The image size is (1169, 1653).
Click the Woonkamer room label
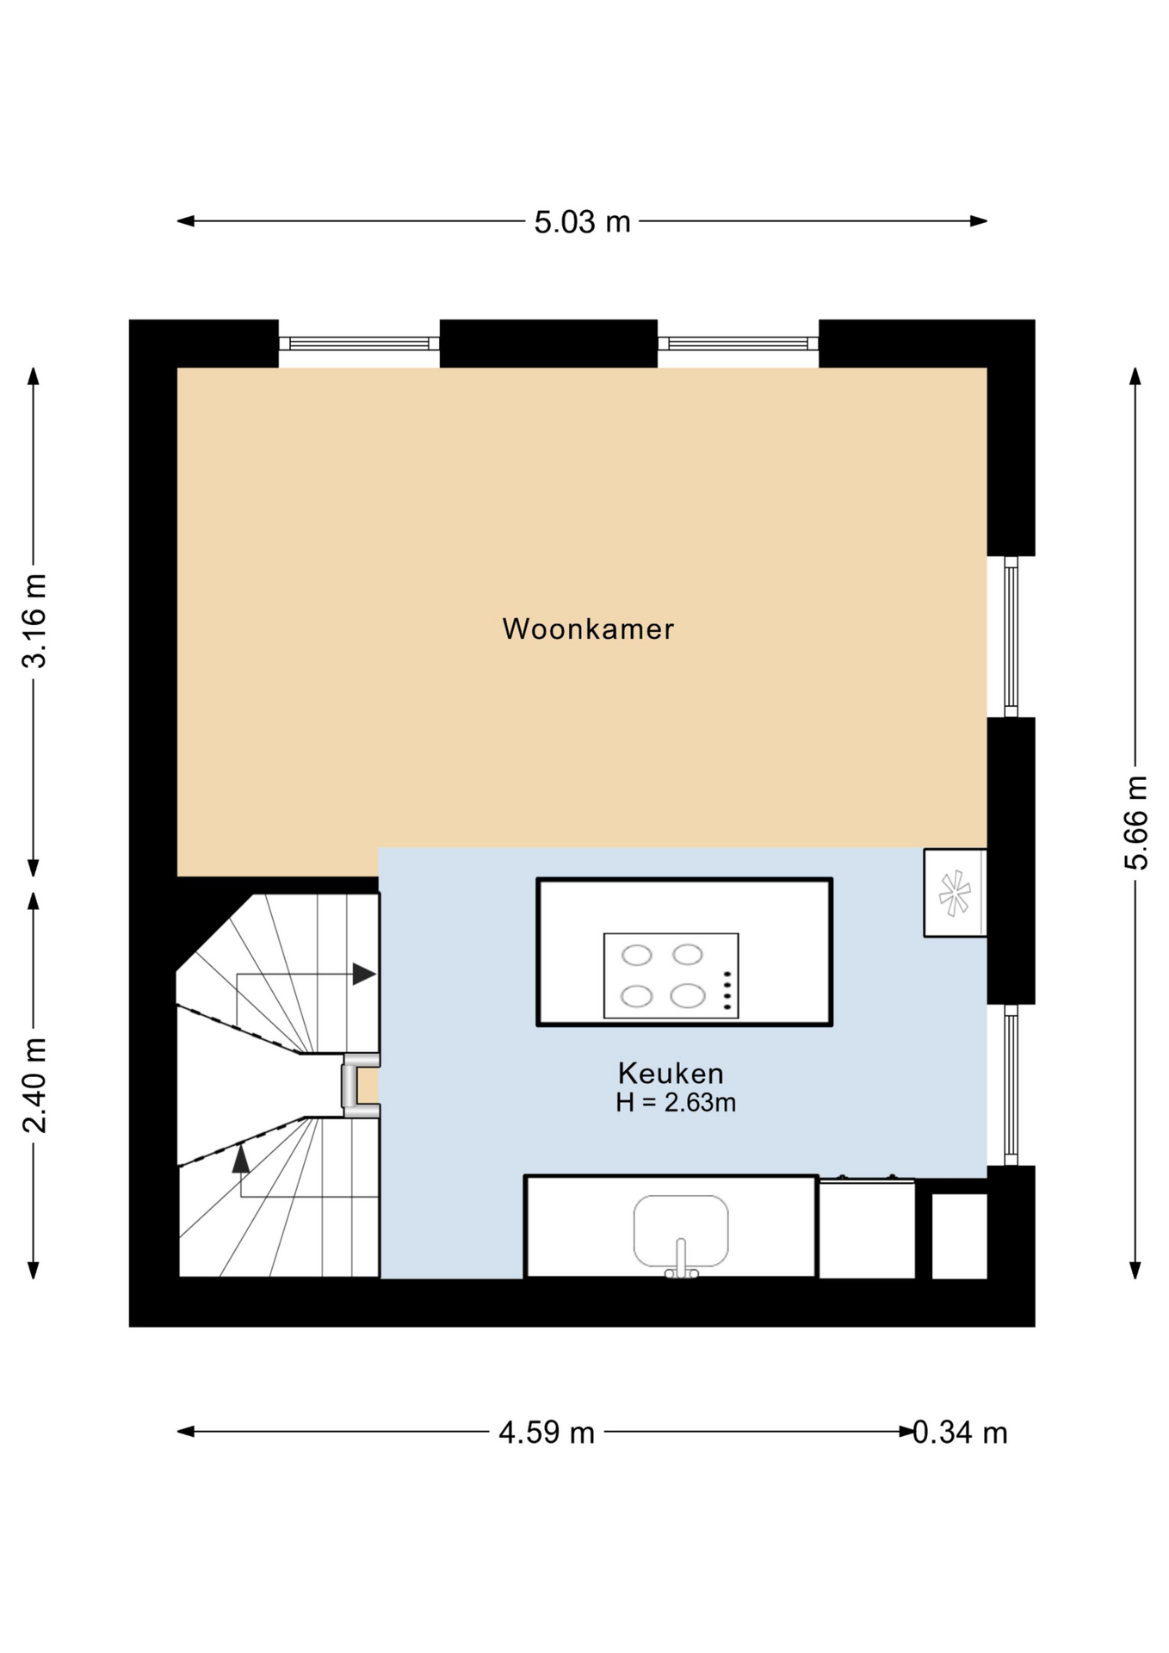click(x=588, y=628)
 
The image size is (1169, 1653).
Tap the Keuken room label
click(x=671, y=1073)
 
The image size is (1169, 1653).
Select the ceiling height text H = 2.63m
click(x=676, y=1102)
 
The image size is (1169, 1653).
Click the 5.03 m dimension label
click(x=582, y=222)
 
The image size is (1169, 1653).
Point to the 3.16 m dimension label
click(x=34, y=620)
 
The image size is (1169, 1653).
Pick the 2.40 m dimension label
click(x=34, y=1085)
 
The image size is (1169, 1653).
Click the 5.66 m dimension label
click(x=1136, y=822)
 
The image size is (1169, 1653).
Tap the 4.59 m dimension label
click(x=547, y=1432)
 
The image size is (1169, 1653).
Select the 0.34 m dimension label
click(x=960, y=1432)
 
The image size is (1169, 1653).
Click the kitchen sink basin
click(x=681, y=1229)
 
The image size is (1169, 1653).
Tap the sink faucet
click(x=681, y=1259)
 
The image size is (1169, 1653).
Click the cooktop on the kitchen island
click(x=671, y=975)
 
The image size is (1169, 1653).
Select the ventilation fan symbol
click(x=955, y=893)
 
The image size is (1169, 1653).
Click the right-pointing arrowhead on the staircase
click(x=364, y=974)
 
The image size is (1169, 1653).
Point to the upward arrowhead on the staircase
click(x=241, y=1158)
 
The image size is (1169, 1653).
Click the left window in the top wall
click(x=359, y=344)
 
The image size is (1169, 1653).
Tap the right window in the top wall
click(x=738, y=344)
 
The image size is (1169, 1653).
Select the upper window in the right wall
click(x=1011, y=636)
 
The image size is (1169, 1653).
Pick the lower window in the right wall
click(x=1011, y=1085)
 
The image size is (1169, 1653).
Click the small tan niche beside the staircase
click(x=368, y=1085)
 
